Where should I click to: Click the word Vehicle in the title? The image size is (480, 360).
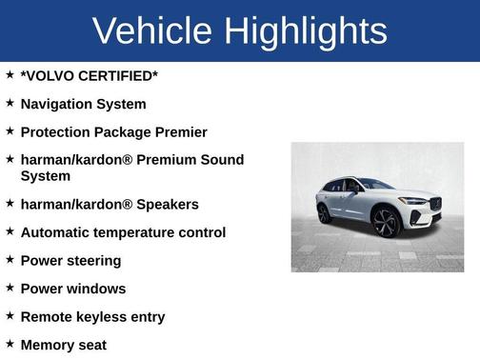click(x=152, y=30)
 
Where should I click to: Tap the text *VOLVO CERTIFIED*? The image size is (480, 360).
click(x=89, y=75)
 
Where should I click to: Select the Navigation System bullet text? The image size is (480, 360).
click(x=83, y=104)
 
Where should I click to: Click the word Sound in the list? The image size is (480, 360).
click(x=223, y=160)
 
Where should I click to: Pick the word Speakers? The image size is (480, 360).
click(x=168, y=204)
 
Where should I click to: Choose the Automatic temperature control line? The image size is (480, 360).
click(x=123, y=232)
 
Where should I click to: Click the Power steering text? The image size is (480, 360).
click(x=70, y=260)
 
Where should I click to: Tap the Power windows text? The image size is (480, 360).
click(x=72, y=289)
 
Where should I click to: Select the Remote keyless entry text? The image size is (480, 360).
click(x=92, y=316)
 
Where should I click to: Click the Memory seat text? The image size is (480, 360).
click(x=63, y=345)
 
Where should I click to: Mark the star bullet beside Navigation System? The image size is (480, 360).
click(x=10, y=103)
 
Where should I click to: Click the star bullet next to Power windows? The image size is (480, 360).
click(x=10, y=288)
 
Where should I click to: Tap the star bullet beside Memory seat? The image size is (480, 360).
click(x=10, y=344)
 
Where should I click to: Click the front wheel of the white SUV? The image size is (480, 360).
click(x=386, y=223)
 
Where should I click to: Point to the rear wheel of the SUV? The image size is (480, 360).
click(x=324, y=213)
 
